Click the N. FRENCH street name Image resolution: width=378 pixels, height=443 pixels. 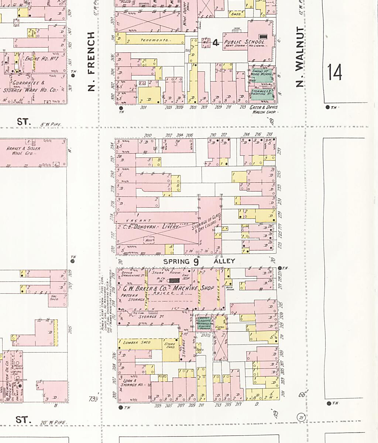pos(91,61)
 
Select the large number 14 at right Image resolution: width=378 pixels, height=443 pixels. pos(334,72)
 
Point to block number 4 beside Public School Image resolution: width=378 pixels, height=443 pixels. pos(216,43)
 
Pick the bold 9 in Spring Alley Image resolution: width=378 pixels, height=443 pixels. pos(196,262)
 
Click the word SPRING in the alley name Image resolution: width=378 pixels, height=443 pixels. pos(176,261)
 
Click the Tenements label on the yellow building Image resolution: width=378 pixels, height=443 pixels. pos(155,40)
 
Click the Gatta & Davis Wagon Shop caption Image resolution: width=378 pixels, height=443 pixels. pos(264,110)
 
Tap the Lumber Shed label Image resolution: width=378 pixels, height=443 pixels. pos(137,343)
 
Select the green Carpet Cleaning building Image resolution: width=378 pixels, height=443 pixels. pos(205,322)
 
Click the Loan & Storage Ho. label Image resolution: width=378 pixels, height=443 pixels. pos(133,382)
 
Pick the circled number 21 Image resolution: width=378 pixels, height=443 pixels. pos(302,418)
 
